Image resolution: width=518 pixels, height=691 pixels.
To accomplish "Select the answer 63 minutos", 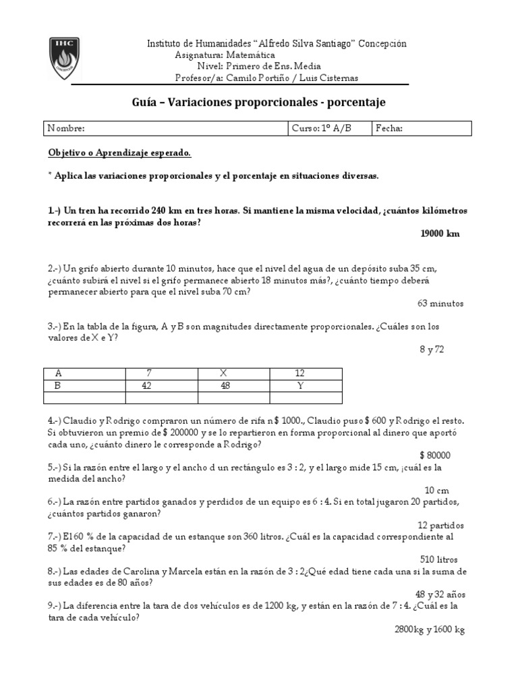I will coord(440,304).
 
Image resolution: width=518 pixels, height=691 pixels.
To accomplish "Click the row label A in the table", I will coord(58,373).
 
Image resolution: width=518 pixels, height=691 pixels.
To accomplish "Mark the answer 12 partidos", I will coord(440,525).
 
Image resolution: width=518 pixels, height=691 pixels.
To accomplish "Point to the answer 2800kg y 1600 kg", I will coord(430,629).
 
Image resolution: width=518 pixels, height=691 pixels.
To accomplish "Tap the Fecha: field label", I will coord(389,128).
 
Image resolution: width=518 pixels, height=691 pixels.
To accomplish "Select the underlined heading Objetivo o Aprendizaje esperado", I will coord(120,153).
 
